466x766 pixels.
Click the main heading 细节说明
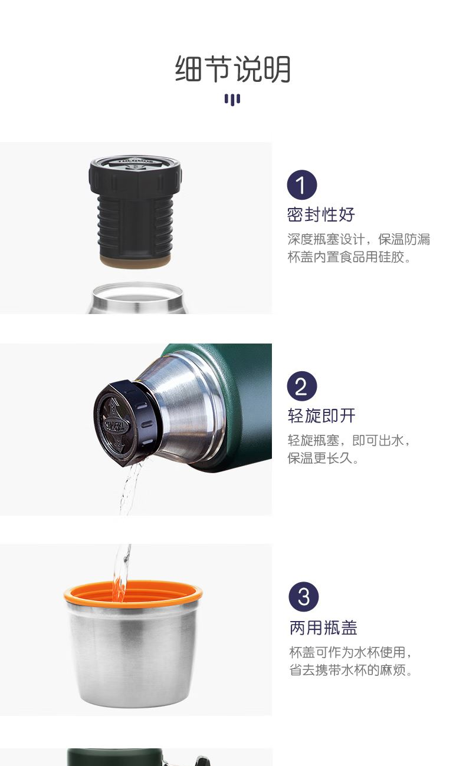[x=233, y=69]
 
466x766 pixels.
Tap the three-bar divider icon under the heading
[x=232, y=100]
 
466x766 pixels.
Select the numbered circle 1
[x=301, y=185]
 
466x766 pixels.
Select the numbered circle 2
[x=301, y=386]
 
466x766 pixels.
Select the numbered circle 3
[x=303, y=597]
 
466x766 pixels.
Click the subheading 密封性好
[x=321, y=214]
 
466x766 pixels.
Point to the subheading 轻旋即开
[x=321, y=416]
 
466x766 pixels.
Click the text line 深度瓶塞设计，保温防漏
[x=359, y=239]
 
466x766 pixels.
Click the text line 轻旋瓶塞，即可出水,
[x=349, y=441]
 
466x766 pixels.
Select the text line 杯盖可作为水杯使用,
[x=350, y=652]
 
